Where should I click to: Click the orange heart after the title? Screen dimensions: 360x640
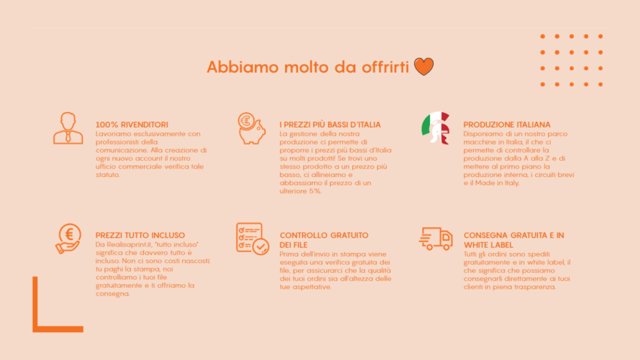coord(424,67)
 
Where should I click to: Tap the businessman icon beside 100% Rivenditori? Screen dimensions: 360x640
coord(67,128)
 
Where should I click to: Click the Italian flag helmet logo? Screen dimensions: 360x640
coord(436,128)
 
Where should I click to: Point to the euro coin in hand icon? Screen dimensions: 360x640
coord(68,238)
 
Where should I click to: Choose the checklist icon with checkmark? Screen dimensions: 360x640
coord(252,238)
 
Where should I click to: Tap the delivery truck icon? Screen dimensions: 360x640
coord(436,238)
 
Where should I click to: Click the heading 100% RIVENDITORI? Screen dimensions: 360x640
coord(131,125)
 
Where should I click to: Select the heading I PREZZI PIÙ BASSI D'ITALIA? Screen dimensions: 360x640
coord(330,125)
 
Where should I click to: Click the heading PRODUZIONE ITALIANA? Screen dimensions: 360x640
coord(507,125)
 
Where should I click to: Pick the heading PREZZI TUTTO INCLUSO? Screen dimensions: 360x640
coord(140,236)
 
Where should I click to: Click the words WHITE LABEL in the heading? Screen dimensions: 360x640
coord(488,245)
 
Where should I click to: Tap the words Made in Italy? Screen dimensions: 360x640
coord(500,183)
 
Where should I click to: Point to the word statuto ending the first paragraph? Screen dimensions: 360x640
coord(107,174)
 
